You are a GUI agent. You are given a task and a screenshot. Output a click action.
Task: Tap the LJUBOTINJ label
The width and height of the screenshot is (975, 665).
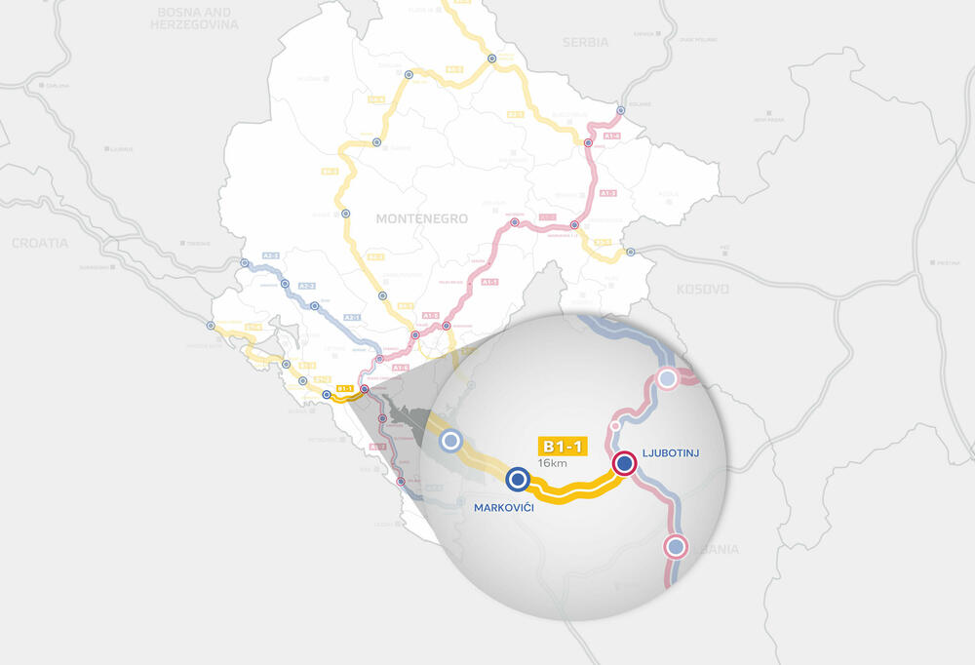click(672, 454)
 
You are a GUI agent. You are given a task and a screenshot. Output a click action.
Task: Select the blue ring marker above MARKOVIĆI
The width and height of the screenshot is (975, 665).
click(517, 479)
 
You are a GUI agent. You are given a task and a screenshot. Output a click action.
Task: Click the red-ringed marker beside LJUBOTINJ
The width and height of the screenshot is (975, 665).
click(624, 464)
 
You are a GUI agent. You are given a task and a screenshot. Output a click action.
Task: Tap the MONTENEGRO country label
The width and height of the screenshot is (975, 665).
click(422, 219)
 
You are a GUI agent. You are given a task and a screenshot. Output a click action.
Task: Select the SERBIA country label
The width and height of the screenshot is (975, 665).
click(585, 43)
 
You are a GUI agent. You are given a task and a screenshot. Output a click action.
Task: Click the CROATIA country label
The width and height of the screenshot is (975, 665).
click(40, 243)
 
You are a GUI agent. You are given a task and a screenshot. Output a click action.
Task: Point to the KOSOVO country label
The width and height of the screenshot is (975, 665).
click(702, 290)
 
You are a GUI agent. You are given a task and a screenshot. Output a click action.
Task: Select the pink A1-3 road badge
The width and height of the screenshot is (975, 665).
click(607, 193)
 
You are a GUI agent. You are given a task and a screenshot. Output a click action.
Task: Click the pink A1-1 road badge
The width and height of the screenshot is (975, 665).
click(490, 282)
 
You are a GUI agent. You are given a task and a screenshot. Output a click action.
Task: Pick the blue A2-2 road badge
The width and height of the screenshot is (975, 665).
click(306, 286)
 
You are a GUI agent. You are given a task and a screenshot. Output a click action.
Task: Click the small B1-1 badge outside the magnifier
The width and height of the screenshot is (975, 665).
click(343, 389)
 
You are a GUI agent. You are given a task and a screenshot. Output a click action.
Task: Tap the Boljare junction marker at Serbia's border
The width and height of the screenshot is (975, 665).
click(621, 109)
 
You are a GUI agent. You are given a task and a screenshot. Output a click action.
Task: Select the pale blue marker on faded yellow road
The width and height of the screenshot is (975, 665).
click(450, 441)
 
